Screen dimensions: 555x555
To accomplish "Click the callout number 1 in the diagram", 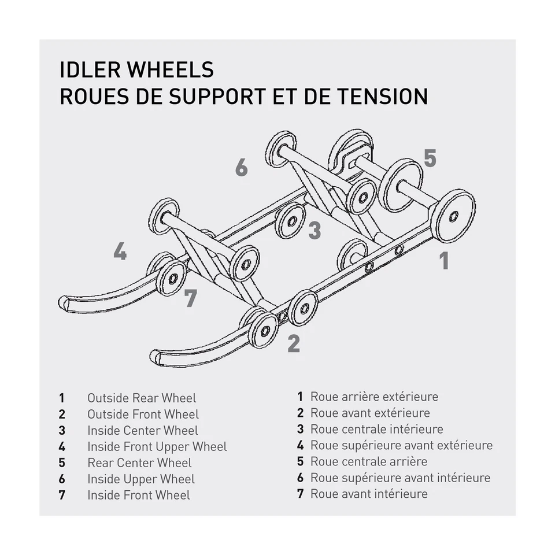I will coord(444,261).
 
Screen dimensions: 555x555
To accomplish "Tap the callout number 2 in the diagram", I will coord(294,343).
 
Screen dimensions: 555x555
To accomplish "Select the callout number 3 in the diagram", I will coord(314,230).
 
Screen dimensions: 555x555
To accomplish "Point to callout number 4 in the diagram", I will coord(120,251).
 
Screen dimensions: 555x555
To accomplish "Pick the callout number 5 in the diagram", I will coord(430,158).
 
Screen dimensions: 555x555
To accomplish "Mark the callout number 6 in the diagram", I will coord(242,168).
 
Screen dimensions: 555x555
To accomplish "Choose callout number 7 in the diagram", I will coord(191,298).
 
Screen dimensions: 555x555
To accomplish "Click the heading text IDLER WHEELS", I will coord(136,69).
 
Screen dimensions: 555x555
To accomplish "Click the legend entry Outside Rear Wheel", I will coord(142,398).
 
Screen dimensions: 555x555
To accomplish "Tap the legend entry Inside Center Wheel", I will coord(142,430).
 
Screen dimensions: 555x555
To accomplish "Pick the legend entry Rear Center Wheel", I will coord(139,462).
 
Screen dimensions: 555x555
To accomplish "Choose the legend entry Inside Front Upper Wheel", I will coord(157,446).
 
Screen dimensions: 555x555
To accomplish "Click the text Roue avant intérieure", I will coord(369,494).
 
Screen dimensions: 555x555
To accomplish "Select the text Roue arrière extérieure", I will coord(374,397).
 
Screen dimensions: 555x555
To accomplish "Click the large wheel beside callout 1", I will coord(453,216).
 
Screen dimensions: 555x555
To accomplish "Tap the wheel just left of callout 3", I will coord(290,221).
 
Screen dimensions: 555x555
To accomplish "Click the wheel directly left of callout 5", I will coord(401,185).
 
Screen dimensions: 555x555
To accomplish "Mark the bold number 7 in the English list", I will coord(62,495).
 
